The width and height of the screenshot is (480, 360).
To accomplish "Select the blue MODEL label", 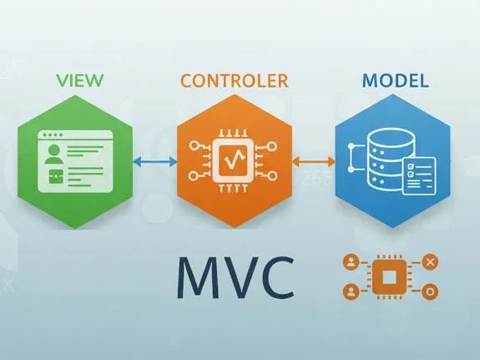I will point(397,82).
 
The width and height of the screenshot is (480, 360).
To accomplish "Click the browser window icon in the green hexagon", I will point(73,160).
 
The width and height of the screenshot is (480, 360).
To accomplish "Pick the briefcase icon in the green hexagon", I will point(56,175).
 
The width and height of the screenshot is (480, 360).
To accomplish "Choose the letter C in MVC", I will point(279,277).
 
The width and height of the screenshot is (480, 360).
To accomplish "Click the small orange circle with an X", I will point(431,263).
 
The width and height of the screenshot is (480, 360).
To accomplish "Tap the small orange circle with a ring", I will point(431,292).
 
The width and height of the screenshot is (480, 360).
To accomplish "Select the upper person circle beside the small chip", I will point(351,263).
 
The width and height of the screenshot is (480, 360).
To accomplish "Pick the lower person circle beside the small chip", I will point(351,292).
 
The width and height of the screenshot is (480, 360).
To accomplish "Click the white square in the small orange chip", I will point(391,278).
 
